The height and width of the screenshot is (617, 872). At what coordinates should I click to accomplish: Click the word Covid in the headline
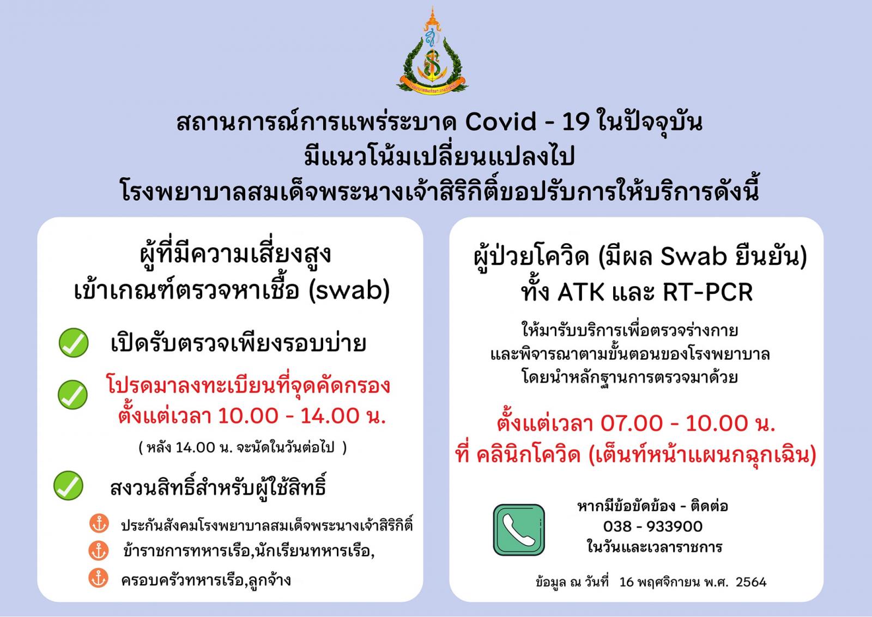tap(501, 122)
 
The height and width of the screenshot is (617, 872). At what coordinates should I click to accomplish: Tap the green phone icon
tap(518, 529)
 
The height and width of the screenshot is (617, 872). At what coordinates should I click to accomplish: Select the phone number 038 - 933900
tap(653, 527)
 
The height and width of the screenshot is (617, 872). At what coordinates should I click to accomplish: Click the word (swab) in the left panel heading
tap(349, 291)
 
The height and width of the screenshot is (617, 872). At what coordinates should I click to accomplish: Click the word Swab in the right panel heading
tap(693, 256)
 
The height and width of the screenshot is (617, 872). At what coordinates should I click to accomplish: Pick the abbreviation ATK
tap(580, 292)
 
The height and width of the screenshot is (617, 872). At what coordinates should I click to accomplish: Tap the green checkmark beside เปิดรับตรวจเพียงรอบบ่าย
tap(73, 342)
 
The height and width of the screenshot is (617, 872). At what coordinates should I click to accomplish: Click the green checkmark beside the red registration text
tap(72, 394)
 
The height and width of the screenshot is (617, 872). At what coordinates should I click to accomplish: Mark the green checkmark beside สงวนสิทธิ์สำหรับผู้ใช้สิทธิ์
tap(68, 486)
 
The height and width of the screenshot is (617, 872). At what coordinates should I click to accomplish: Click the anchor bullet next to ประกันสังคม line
tap(99, 523)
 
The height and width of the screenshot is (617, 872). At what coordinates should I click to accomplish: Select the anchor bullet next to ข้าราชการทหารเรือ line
tap(99, 551)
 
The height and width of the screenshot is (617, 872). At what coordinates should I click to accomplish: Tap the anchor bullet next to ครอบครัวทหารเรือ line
tap(98, 578)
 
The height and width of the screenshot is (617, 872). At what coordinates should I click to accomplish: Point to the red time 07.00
tap(631, 423)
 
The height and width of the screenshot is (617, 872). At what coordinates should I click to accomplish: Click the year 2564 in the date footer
tap(751, 582)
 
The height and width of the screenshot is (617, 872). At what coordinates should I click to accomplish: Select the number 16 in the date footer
tap(626, 582)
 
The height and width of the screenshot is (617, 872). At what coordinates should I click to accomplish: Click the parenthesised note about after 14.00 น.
tap(243, 447)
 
